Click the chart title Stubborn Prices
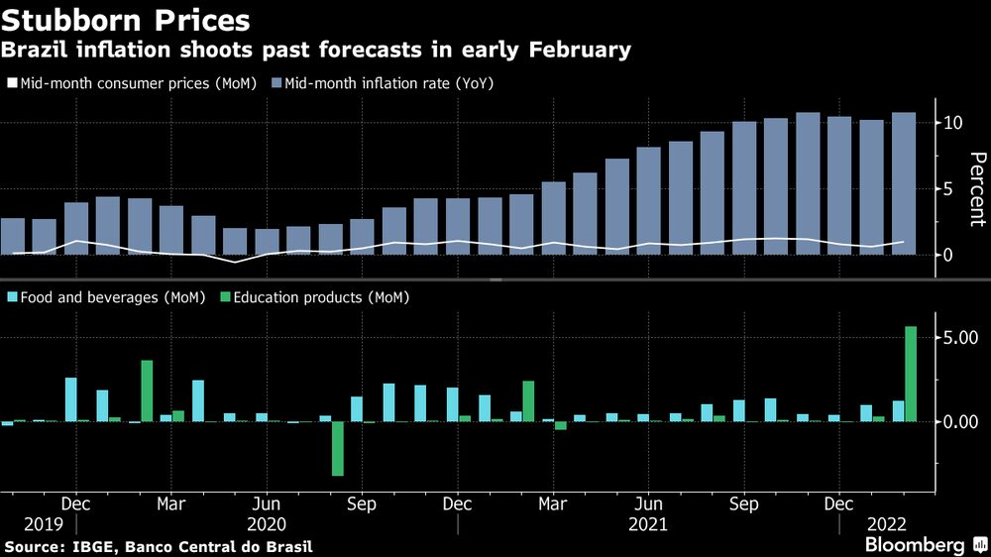(x=125, y=20)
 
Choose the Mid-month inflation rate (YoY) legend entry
(x=388, y=84)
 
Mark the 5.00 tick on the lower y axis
(x=960, y=338)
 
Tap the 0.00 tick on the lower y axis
(x=960, y=422)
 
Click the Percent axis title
(x=977, y=189)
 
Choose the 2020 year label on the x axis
(x=267, y=523)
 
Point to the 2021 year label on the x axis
(x=649, y=523)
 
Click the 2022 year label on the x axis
(x=887, y=523)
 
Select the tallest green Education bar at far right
(x=911, y=374)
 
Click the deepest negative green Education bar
(x=338, y=448)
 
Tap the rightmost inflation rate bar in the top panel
(x=904, y=183)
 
